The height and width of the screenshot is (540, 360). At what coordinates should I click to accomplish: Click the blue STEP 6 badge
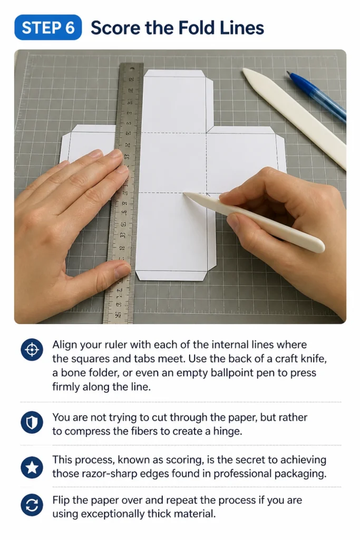[48, 27]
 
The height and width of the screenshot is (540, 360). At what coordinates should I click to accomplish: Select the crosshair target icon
[32, 350]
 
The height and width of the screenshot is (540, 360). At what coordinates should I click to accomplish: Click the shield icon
[32, 422]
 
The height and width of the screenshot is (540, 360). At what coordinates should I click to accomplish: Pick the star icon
[32, 467]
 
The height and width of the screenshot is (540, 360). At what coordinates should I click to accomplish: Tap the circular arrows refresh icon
[32, 506]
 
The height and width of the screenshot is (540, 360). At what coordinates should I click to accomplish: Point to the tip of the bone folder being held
[184, 194]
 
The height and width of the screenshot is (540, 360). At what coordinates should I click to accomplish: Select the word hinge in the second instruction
[227, 431]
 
